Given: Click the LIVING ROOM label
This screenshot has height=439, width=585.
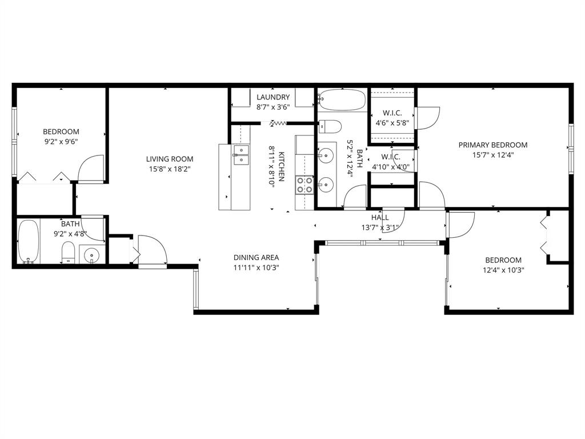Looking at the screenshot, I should [x=169, y=159].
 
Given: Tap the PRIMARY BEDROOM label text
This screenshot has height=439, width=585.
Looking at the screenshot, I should [x=492, y=145].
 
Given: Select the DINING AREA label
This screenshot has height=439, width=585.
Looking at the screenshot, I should [x=256, y=257].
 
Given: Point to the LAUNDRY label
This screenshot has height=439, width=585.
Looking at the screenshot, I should [x=273, y=97].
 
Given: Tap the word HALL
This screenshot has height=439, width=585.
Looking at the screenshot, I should [x=380, y=217].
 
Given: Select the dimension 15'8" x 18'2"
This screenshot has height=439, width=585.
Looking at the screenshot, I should [x=169, y=169].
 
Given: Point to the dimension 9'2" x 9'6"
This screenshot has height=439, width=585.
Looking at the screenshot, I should [x=61, y=141].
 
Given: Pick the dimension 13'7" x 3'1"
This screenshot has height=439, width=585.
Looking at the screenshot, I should [x=380, y=227].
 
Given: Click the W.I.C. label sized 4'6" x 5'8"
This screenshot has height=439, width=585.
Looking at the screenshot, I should [x=392, y=113].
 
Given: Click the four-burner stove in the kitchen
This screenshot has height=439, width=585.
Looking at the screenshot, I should [x=304, y=184].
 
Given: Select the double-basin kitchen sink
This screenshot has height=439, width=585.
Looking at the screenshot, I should [x=241, y=154].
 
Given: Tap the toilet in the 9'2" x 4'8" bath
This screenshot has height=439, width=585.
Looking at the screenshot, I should [x=68, y=252].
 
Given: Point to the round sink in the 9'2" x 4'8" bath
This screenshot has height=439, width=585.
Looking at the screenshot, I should [x=91, y=254].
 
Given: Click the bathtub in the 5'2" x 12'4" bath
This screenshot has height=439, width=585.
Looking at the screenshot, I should [x=342, y=101].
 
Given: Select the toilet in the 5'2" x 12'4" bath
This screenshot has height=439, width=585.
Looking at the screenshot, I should [x=330, y=126].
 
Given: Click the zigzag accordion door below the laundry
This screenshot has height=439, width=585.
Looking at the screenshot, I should [x=279, y=122].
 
